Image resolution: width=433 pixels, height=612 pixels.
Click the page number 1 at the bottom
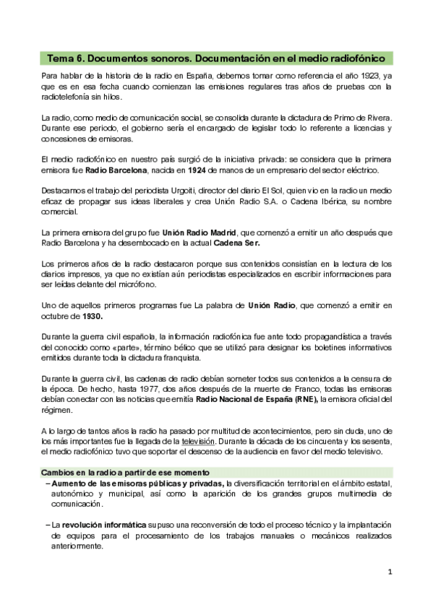pyautogui.click(x=389, y=572)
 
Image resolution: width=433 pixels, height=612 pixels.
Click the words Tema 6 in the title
pyautogui.click(x=67, y=57)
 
